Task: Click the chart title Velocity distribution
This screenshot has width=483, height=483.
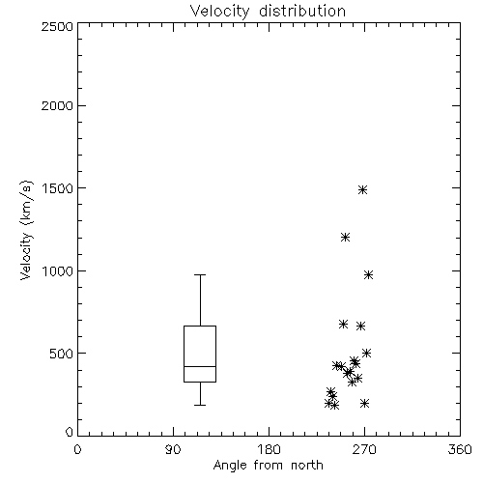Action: (x=268, y=11)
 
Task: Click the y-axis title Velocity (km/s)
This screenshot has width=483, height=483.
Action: (x=26, y=230)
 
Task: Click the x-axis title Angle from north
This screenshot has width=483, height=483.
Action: (x=268, y=465)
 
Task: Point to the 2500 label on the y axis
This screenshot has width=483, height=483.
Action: (x=57, y=26)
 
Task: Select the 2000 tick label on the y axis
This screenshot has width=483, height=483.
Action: (x=57, y=105)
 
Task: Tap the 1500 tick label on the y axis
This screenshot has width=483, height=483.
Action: (x=58, y=188)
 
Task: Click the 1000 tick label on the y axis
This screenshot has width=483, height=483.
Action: (x=58, y=270)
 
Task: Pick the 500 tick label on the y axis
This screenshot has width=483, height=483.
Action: (x=61, y=354)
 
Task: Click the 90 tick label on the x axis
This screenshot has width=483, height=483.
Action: (x=173, y=449)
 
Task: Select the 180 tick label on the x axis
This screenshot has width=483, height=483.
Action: (x=269, y=449)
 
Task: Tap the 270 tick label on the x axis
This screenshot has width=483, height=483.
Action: (x=364, y=449)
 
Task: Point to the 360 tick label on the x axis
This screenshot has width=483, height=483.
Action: (x=460, y=449)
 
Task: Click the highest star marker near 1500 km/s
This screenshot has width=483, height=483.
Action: (x=363, y=189)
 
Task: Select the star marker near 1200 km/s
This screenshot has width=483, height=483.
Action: (x=345, y=238)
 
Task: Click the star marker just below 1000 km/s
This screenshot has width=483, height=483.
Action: (x=368, y=274)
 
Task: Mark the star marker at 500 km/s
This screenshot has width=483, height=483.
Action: (x=366, y=353)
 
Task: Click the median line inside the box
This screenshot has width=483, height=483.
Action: (x=200, y=366)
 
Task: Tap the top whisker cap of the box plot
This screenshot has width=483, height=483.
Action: (x=200, y=274)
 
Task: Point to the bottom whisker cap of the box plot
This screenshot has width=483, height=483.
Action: (x=200, y=405)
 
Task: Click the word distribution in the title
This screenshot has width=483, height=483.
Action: (x=302, y=11)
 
